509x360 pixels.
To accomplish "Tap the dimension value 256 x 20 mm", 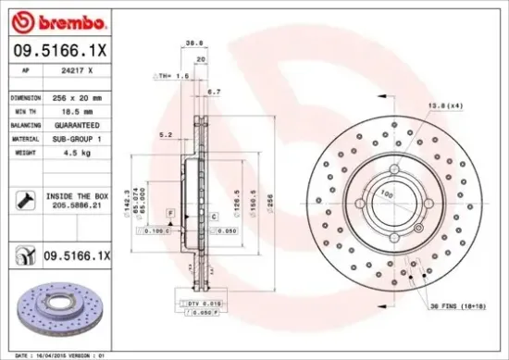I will coord(77,96).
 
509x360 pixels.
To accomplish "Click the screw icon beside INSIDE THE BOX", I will coord(24,198).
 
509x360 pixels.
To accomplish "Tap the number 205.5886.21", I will coord(76,208).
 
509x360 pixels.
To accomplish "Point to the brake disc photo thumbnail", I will coord(57,305).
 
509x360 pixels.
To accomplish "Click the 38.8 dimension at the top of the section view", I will coord(193,43).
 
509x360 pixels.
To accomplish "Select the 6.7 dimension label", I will coord(214,92).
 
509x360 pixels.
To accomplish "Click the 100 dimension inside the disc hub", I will coord(388,193).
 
